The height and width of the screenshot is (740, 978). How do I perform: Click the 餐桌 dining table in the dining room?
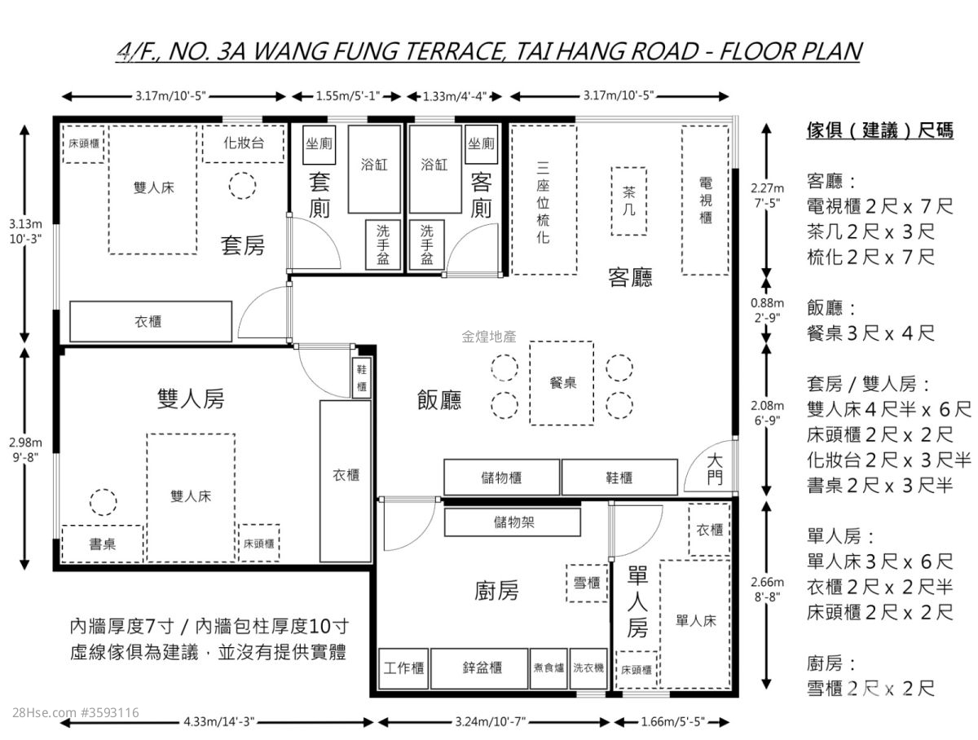click(562, 383)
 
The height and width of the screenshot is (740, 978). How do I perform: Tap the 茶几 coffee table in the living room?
click(628, 201)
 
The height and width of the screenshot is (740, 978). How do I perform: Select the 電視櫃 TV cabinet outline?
click(705, 200)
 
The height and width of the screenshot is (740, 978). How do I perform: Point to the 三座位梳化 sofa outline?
click(544, 200)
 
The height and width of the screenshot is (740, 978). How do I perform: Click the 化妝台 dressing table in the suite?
click(243, 143)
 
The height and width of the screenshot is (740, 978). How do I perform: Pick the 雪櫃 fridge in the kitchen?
click(587, 584)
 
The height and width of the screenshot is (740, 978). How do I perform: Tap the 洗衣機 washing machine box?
click(588, 668)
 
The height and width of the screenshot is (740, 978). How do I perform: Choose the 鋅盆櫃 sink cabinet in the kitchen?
click(479, 668)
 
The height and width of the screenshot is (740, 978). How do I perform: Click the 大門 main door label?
click(715, 469)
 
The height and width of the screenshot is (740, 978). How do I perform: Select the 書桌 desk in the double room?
click(103, 544)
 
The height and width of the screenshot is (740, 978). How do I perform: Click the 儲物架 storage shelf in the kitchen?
click(513, 522)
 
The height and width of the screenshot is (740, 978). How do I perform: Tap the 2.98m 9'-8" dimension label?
click(25, 450)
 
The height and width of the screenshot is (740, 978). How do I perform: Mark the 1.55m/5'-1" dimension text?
click(348, 96)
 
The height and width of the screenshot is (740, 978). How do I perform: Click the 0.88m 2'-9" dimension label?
click(767, 310)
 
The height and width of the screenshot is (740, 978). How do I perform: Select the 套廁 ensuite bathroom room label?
click(319, 195)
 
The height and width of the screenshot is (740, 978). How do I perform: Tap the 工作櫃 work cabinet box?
click(403, 668)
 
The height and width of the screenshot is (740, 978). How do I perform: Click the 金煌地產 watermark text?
click(489, 337)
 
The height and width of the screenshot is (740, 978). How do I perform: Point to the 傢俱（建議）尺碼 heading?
click(880, 130)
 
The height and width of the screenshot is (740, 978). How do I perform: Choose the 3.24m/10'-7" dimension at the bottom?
click(490, 722)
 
